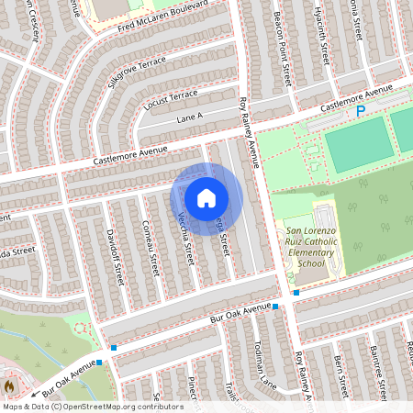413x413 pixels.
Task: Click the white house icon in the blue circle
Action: [x=206, y=198]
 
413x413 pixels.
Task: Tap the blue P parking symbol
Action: [x=361, y=111]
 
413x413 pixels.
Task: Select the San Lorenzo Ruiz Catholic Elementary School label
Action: [x=305, y=247]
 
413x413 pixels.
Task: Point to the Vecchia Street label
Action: [x=184, y=238]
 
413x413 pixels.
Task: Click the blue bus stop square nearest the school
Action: [x=296, y=293]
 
